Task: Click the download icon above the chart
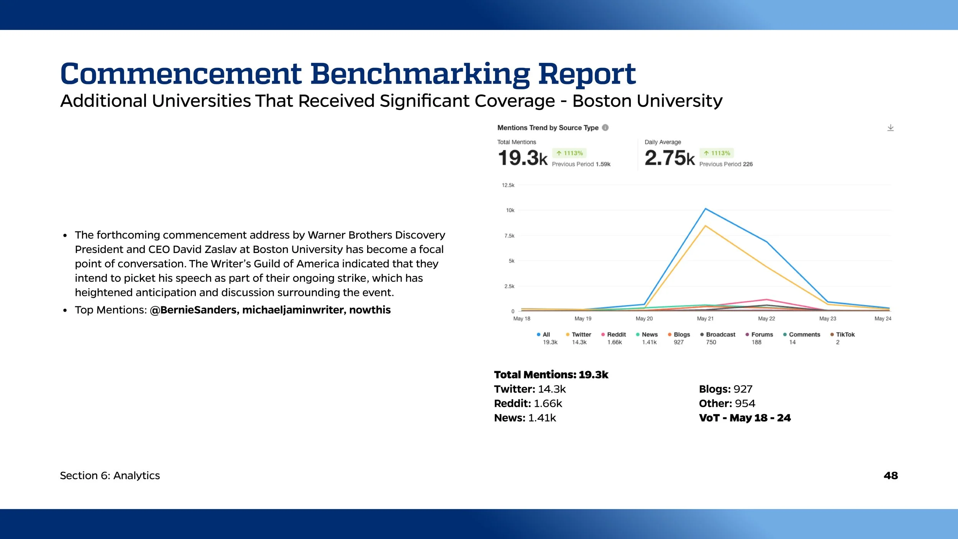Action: tap(890, 128)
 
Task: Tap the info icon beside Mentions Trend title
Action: tap(605, 128)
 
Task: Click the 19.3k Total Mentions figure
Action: tap(523, 158)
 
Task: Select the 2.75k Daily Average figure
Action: tap(669, 158)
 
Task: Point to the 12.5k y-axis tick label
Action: tap(508, 185)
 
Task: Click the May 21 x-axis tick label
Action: tap(705, 319)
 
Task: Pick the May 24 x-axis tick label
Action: tap(883, 319)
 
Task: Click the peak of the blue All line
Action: tap(705, 209)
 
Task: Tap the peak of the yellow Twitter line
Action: tap(705, 226)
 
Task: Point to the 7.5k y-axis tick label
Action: tap(509, 236)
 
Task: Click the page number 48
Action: tap(891, 475)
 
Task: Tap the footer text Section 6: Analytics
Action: tap(110, 475)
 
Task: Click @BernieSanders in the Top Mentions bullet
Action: tap(194, 310)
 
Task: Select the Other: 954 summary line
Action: tap(727, 403)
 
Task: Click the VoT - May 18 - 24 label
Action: tap(745, 418)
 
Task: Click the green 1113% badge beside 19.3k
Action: tap(569, 153)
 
